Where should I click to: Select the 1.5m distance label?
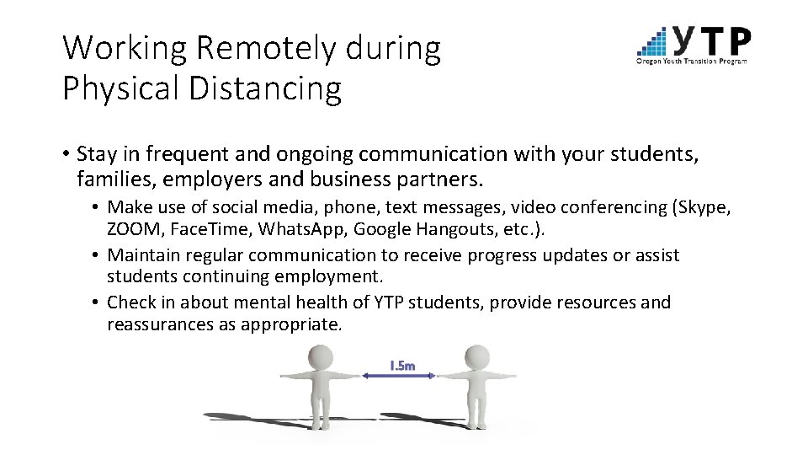[402, 366]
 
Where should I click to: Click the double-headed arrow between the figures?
[399, 376]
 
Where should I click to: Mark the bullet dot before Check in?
[98, 302]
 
